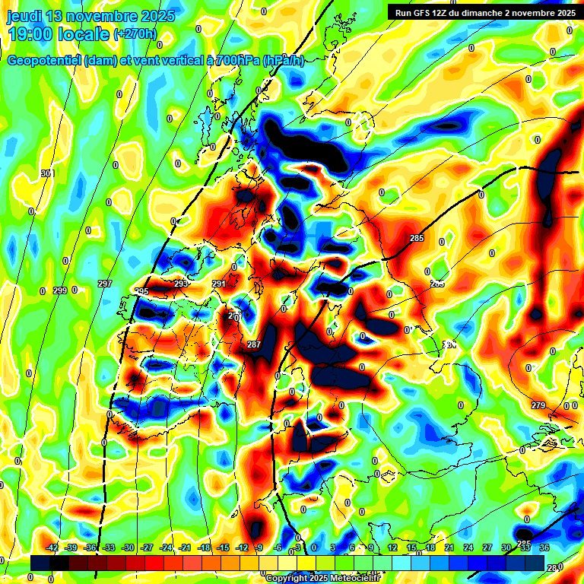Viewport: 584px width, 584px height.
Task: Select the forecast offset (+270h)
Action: [135, 34]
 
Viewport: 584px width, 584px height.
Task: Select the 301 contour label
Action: [47, 174]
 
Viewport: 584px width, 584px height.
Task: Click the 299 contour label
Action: [61, 290]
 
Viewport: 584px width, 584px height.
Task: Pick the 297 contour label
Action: [105, 284]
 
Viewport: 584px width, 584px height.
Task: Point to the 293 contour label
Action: [180, 284]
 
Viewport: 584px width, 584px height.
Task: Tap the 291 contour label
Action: [218, 284]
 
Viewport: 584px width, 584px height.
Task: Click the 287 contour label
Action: [254, 345]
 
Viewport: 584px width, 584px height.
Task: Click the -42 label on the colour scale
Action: [52, 548]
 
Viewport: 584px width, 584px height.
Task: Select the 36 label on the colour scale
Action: [544, 548]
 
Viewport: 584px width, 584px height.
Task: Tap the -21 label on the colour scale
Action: [185, 548]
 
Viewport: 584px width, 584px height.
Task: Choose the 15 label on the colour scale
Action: [411, 548]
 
